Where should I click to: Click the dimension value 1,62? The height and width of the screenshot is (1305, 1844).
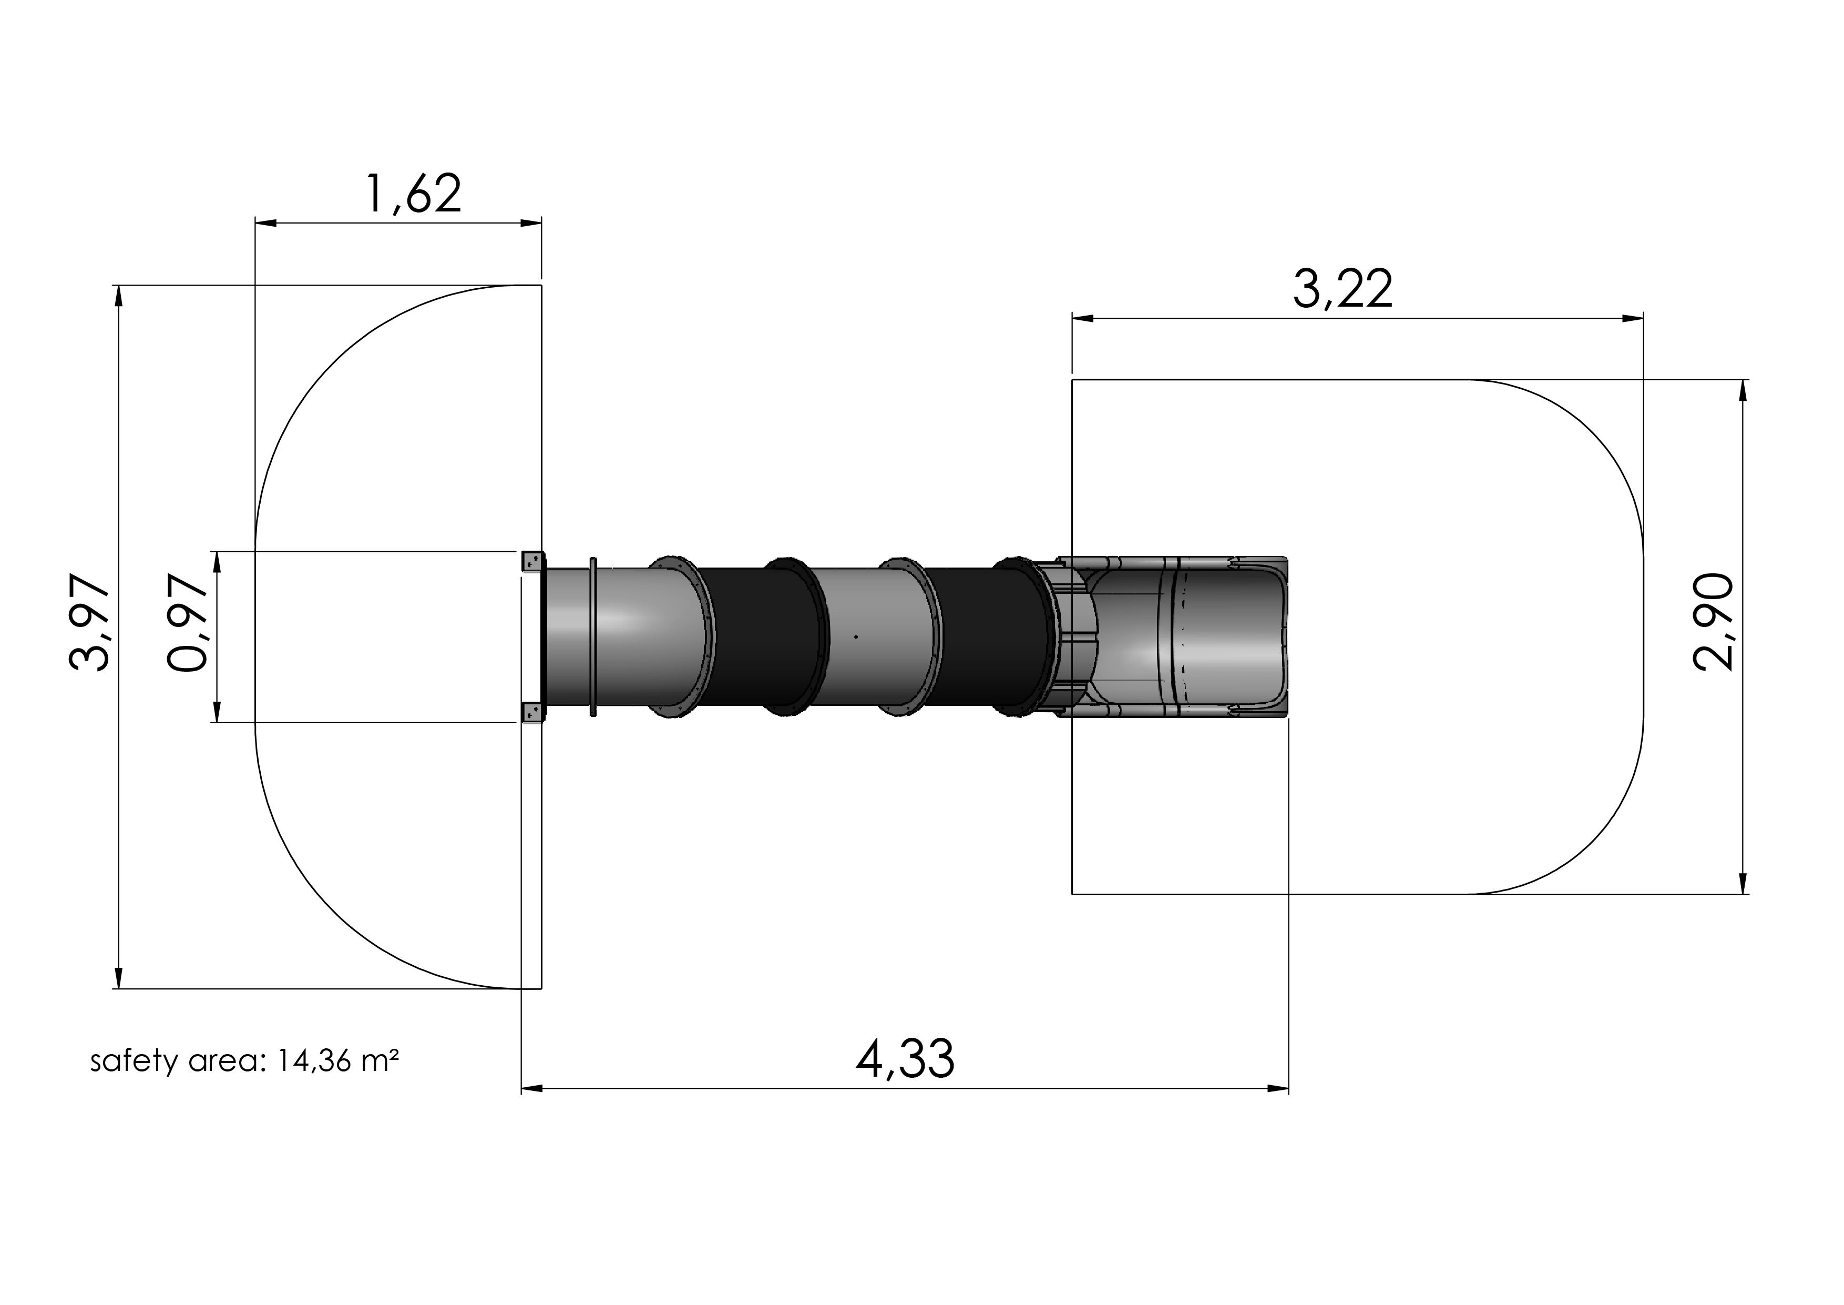414,195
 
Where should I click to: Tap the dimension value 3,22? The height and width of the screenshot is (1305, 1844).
1343,290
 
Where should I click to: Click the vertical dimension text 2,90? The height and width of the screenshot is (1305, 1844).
1712,621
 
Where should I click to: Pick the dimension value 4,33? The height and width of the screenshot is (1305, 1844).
905,1059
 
